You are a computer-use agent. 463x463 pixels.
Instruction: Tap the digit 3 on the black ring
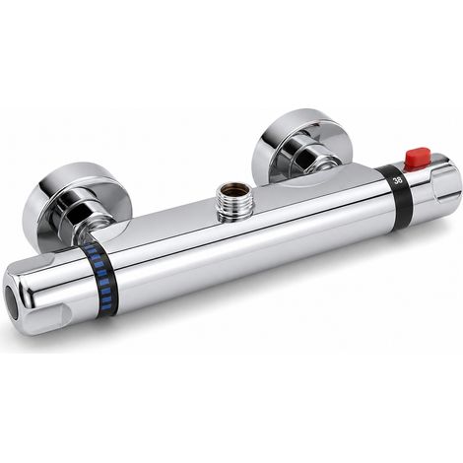click(396, 180)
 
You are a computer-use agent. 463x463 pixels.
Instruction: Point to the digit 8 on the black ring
click(400, 179)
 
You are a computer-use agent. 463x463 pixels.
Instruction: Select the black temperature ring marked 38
click(398, 197)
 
